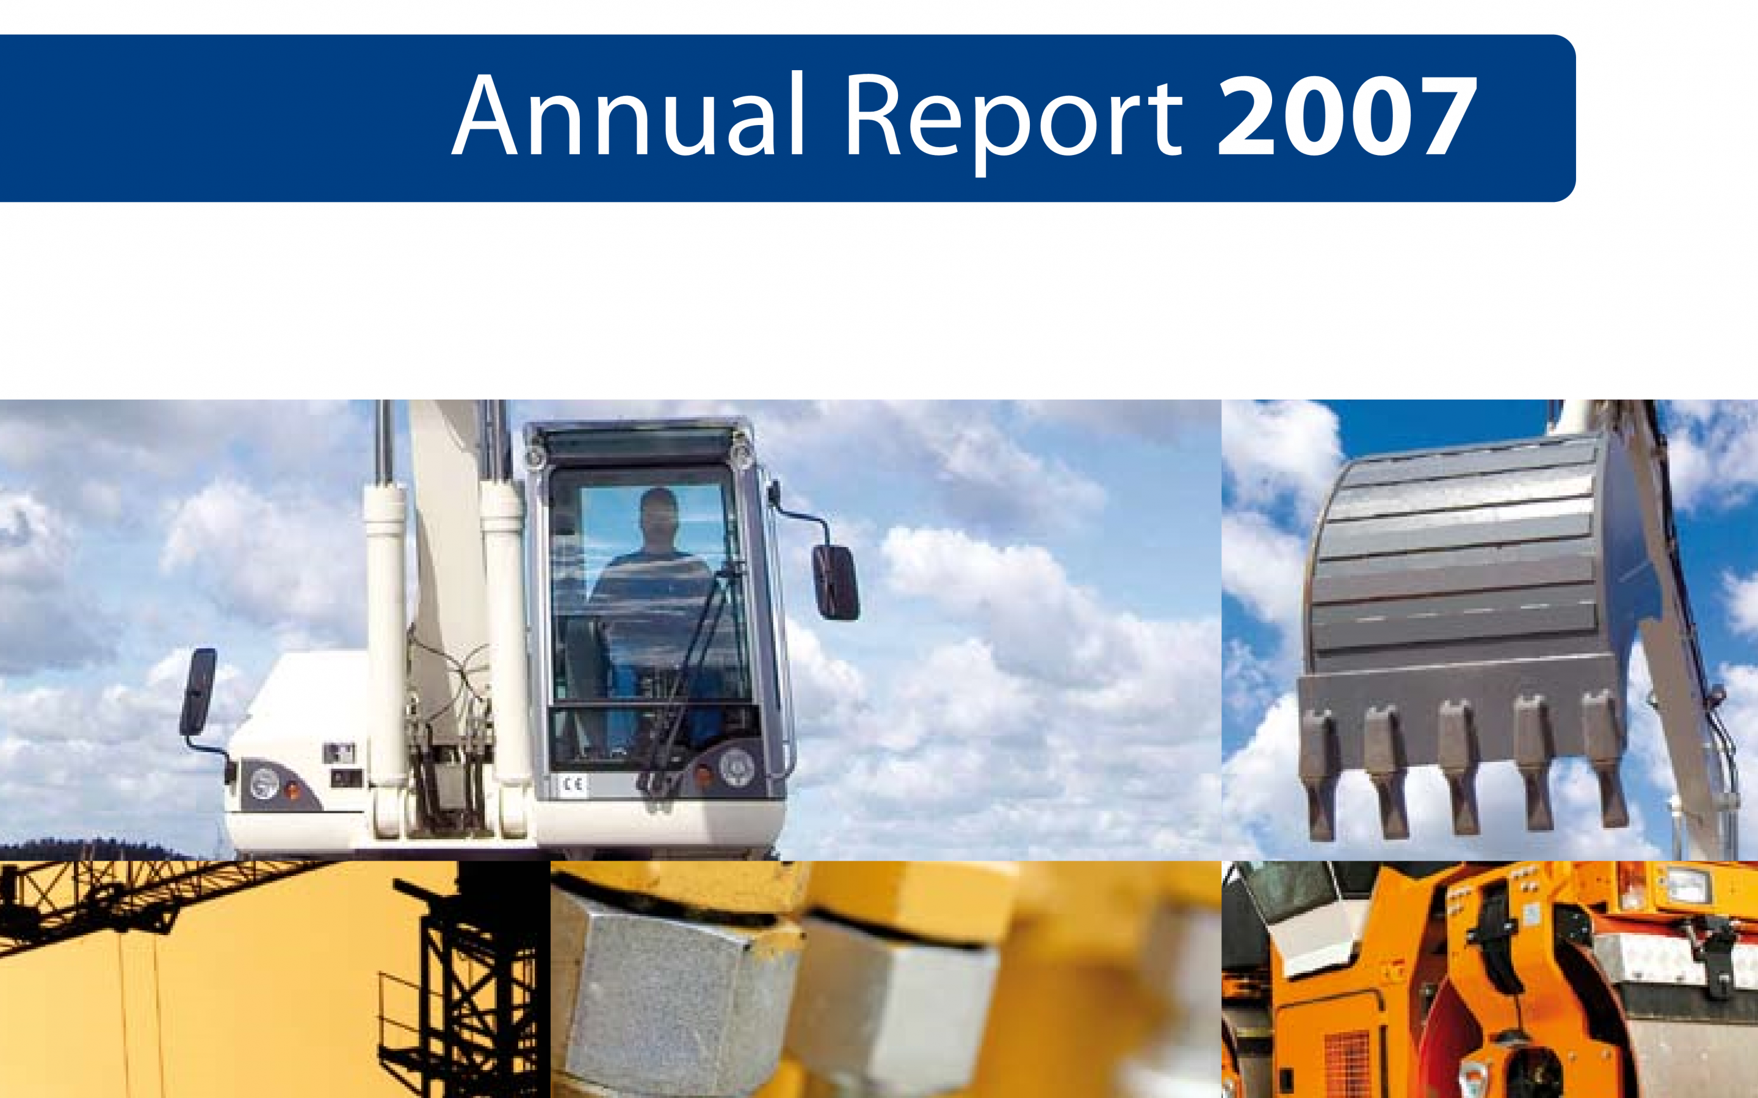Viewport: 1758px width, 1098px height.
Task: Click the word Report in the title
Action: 1014,122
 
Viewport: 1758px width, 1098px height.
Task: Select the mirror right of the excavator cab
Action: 836,582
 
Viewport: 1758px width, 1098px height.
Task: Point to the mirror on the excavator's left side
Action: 198,691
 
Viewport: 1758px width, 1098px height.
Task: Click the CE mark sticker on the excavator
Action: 573,784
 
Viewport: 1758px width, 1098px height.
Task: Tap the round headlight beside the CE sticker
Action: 736,767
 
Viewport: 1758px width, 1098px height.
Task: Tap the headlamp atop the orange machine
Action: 1693,888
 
